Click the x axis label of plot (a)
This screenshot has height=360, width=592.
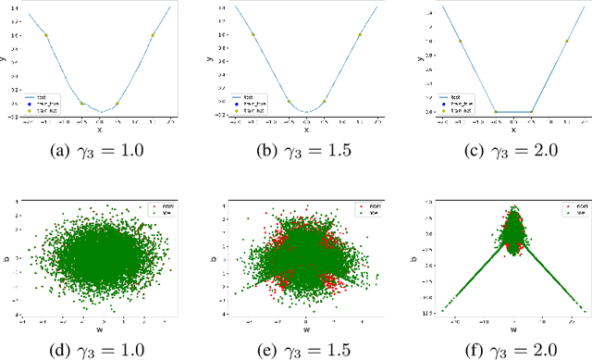[x=99, y=130]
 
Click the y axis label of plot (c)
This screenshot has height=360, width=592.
[x=419, y=59]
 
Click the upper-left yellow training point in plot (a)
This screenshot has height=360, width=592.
[x=46, y=35]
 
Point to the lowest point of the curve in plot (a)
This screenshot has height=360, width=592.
[x=99, y=111]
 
